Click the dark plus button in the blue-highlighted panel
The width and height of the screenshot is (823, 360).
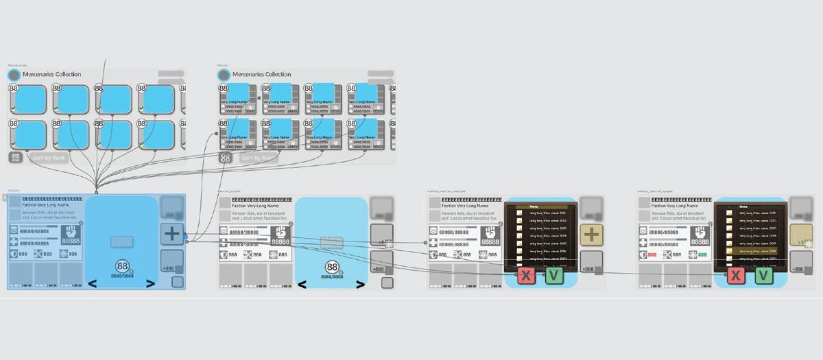click(x=171, y=234)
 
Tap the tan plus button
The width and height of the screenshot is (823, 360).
click(x=591, y=235)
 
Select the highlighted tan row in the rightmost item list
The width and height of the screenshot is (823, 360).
click(x=752, y=252)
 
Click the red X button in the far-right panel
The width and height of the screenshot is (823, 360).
click(x=736, y=276)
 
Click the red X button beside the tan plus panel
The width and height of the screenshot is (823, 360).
click(x=526, y=276)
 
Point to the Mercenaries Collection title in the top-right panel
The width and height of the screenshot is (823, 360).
click(x=261, y=74)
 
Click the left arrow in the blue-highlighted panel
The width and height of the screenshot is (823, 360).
click(x=91, y=284)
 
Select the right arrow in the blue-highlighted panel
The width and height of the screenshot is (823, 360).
click(x=150, y=284)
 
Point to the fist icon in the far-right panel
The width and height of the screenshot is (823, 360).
click(x=700, y=236)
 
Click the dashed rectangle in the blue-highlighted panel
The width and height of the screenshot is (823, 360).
click(x=121, y=241)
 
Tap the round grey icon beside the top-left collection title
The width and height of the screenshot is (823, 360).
click(x=14, y=75)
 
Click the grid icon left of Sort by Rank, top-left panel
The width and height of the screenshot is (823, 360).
click(x=16, y=158)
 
